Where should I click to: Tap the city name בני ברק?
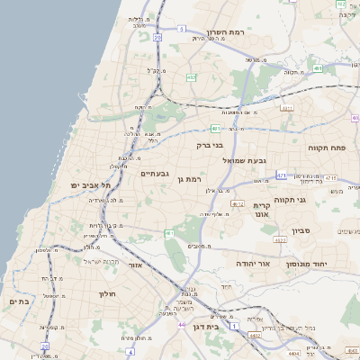(209, 143)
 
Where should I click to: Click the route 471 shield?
(282, 175)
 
